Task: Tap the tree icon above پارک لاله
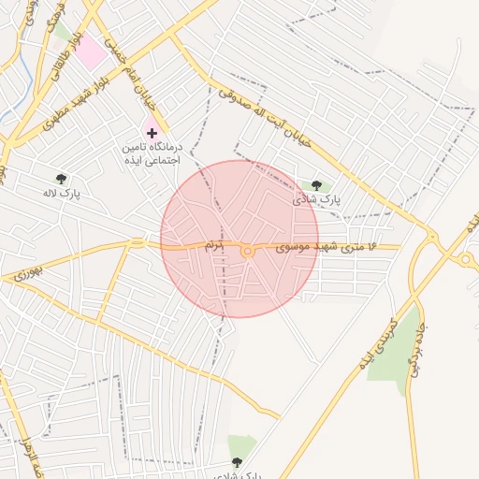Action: (x=62, y=178)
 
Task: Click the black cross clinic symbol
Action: (x=152, y=134)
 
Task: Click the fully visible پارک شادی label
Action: (x=317, y=199)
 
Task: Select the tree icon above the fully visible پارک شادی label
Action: (x=316, y=185)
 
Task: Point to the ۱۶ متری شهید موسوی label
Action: (x=325, y=246)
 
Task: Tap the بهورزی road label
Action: (x=29, y=273)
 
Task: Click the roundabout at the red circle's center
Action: (x=247, y=251)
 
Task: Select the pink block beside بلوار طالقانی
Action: (x=91, y=51)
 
